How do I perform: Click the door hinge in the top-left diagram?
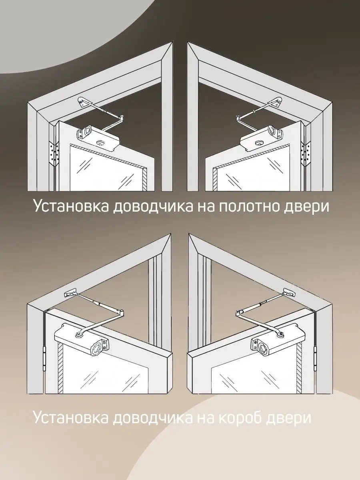54,153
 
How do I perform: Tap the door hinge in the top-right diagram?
306,153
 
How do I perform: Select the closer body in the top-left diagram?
98,137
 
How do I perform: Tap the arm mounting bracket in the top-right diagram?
276,102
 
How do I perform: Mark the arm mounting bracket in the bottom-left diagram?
70,292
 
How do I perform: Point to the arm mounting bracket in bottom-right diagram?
288,292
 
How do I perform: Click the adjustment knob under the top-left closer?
101,142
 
